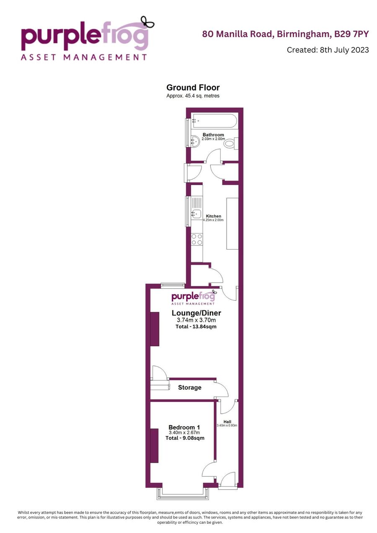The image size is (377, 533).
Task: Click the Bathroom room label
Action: point(213,135)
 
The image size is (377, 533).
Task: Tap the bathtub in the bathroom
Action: point(215,121)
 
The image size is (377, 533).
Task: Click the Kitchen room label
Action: point(214,216)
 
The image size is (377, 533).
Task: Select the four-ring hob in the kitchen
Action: point(197,239)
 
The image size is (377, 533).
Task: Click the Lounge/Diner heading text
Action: point(196,313)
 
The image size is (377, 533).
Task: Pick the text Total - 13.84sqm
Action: point(196,327)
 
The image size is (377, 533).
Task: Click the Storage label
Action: point(190,388)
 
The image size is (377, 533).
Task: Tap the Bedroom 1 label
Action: point(184,427)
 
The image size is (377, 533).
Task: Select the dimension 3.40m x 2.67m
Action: point(184,433)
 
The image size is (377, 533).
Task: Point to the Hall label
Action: point(227,422)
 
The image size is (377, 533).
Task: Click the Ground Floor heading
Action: point(193,88)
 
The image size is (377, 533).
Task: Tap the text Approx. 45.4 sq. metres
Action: point(193,96)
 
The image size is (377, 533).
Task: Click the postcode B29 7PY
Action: point(351,34)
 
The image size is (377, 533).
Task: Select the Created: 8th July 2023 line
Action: point(328,50)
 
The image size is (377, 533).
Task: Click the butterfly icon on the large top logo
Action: point(147,22)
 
